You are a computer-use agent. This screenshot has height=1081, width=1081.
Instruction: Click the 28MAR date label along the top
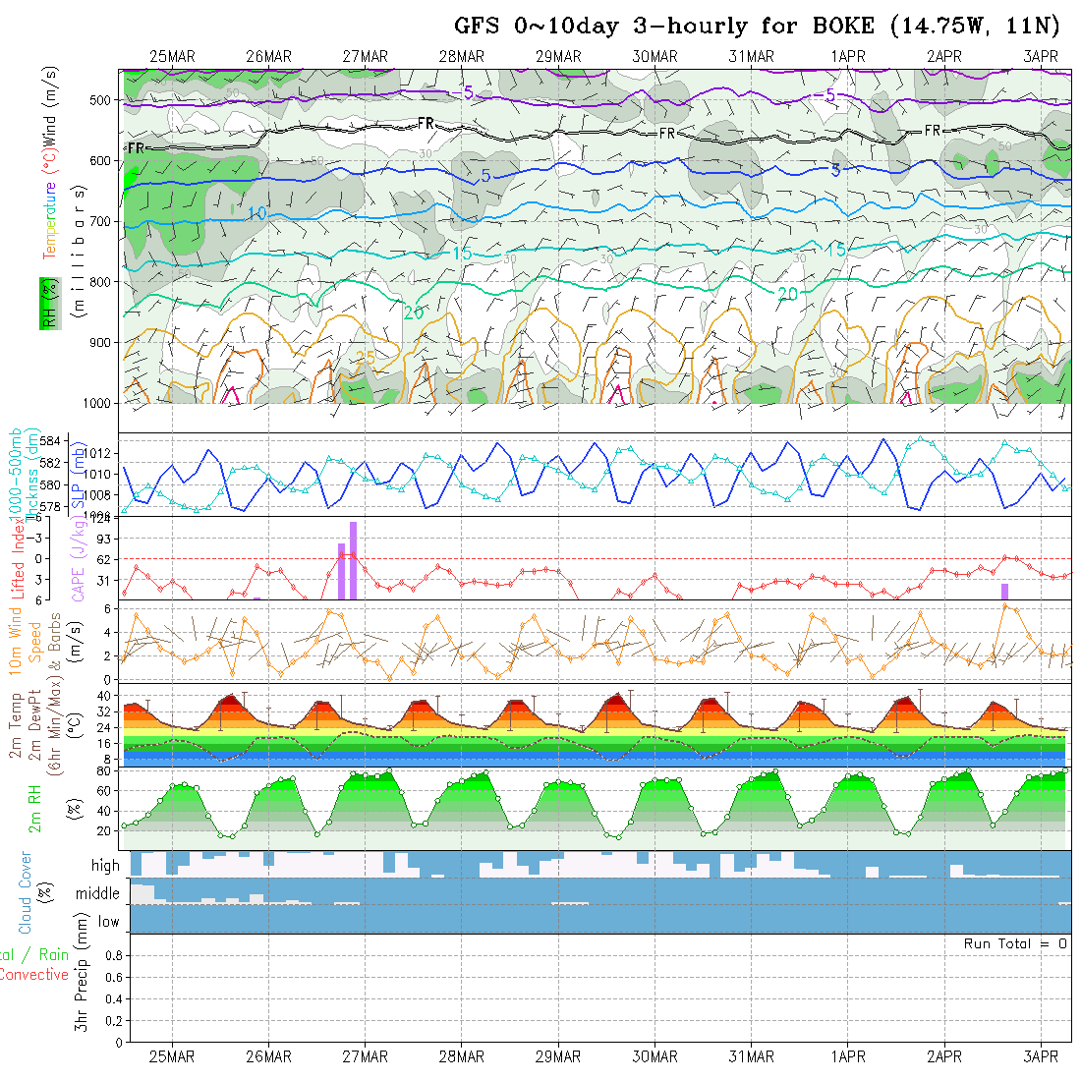pos(462,57)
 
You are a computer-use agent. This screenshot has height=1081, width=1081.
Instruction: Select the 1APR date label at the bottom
pos(848,1056)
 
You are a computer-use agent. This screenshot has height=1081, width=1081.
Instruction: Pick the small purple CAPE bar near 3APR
pos(1005,592)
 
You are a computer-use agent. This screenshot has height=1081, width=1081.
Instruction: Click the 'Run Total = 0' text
pos(1015,943)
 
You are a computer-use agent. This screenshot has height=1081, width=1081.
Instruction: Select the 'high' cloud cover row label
pos(105,866)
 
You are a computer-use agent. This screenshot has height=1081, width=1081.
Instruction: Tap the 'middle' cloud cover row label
pos(98,894)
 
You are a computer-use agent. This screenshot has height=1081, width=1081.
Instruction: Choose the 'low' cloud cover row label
pos(108,922)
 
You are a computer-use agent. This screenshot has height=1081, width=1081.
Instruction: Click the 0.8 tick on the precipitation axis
pos(113,955)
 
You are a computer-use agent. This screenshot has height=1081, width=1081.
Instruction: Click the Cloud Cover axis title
pos(26,892)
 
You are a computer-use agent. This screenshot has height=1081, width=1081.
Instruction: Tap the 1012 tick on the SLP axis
pos(137,453)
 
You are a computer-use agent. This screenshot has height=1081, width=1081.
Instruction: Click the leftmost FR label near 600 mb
pos(136,148)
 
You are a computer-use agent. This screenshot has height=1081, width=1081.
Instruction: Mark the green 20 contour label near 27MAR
pos(413,313)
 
